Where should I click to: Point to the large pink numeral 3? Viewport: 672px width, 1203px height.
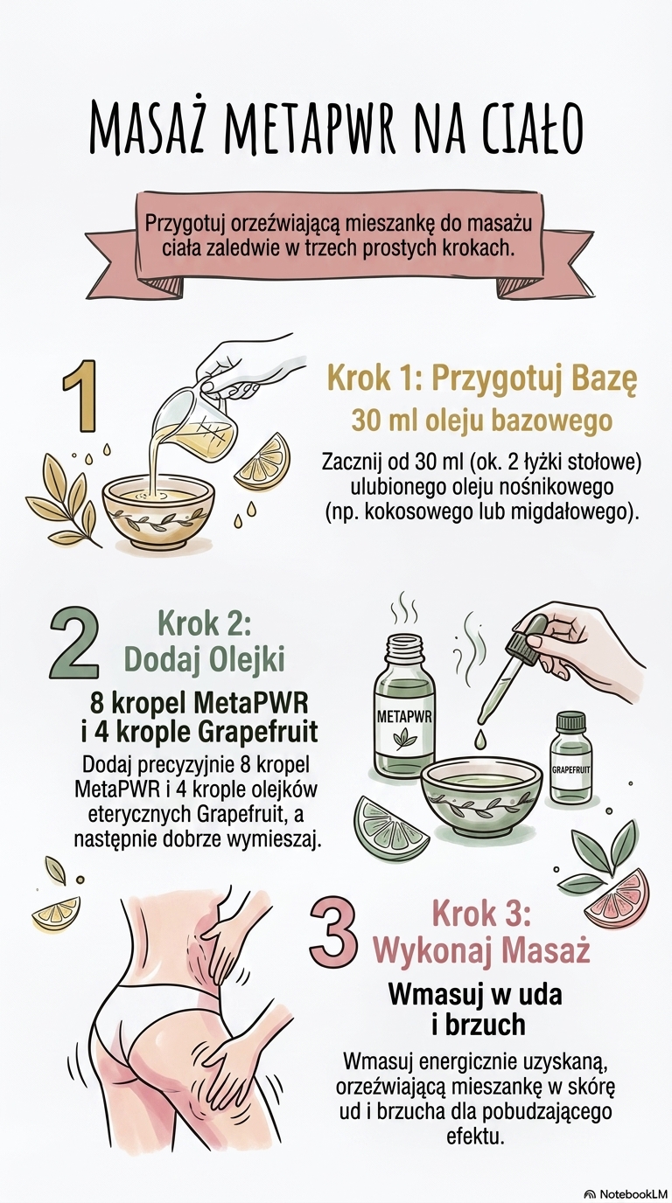tap(333, 935)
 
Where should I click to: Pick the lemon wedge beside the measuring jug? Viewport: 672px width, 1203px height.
tap(262, 462)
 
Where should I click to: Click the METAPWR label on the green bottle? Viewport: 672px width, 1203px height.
tap(404, 716)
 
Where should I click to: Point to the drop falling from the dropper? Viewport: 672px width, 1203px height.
tap(479, 739)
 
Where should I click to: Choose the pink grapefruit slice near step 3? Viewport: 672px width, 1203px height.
tap(624, 901)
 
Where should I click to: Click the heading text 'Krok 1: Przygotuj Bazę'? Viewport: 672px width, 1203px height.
tap(482, 380)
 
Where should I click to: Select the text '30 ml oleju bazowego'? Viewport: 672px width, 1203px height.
tap(482, 421)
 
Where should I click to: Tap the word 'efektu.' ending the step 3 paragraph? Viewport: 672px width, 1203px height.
tap(476, 1148)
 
